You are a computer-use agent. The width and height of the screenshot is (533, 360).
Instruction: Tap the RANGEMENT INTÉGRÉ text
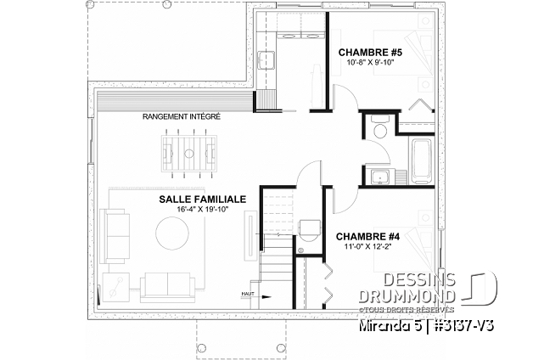pos(182,116)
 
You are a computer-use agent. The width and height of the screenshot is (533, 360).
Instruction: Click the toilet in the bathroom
pos(379,129)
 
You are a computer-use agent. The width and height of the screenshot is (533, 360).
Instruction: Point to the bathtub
pos(422,158)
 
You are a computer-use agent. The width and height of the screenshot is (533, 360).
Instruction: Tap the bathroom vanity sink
pos(379,177)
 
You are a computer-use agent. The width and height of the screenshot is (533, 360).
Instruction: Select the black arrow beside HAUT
pos(266,296)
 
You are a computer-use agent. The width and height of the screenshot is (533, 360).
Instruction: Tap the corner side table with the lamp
pos(113,289)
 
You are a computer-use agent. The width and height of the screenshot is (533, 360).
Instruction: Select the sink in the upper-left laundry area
pos(265,59)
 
